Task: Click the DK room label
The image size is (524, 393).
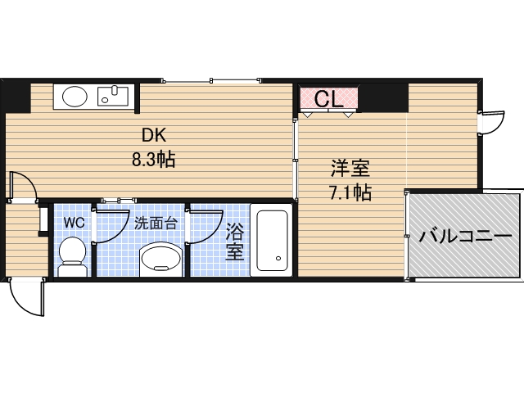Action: tap(153, 136)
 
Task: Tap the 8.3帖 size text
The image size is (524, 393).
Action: tap(153, 158)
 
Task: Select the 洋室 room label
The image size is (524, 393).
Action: tap(350, 169)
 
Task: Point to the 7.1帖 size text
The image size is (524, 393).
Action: tap(350, 193)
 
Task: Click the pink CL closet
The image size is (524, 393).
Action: tap(329, 99)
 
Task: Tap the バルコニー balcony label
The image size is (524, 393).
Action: tap(464, 237)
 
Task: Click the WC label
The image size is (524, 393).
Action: tap(74, 222)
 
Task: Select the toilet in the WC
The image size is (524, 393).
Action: tap(74, 254)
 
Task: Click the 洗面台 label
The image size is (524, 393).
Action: tap(156, 223)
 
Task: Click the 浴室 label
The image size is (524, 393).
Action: tap(235, 242)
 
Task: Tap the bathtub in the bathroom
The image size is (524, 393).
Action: tap(272, 240)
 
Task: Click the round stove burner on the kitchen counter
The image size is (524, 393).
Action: tap(75, 97)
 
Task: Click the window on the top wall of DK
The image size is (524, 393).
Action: tap(211, 80)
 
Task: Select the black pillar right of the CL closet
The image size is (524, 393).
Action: tap(384, 97)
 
